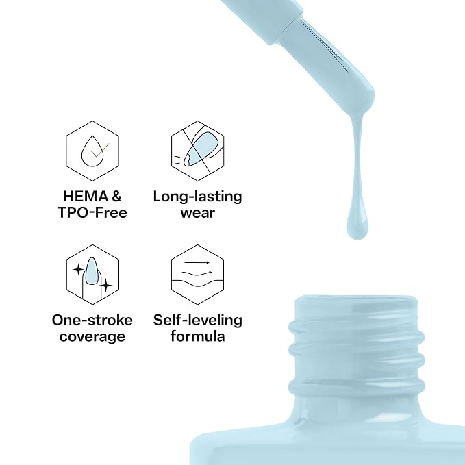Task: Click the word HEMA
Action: (x=86, y=197)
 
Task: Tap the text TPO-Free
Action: (x=92, y=212)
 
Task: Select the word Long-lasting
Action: (x=197, y=197)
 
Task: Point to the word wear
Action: (x=197, y=213)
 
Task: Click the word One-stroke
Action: (x=92, y=321)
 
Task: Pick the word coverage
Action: (x=92, y=336)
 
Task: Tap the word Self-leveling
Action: (x=197, y=321)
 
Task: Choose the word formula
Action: (x=197, y=336)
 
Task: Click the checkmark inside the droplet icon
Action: (x=100, y=151)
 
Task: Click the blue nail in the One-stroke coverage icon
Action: (x=91, y=271)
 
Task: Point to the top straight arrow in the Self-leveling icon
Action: (x=197, y=263)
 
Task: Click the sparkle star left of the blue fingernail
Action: (x=78, y=270)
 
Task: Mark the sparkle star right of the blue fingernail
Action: (x=106, y=286)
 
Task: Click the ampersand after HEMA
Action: (x=116, y=197)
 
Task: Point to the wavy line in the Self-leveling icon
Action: (x=197, y=282)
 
